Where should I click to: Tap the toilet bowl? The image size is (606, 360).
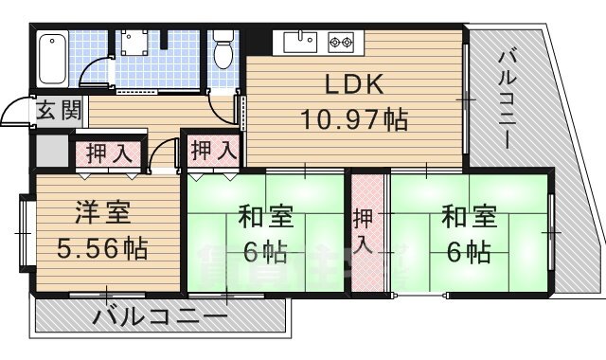pyautogui.click(x=223, y=52)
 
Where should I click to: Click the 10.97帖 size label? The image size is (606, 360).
pyautogui.click(x=354, y=120)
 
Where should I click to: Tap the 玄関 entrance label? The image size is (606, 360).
pyautogui.click(x=59, y=110)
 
